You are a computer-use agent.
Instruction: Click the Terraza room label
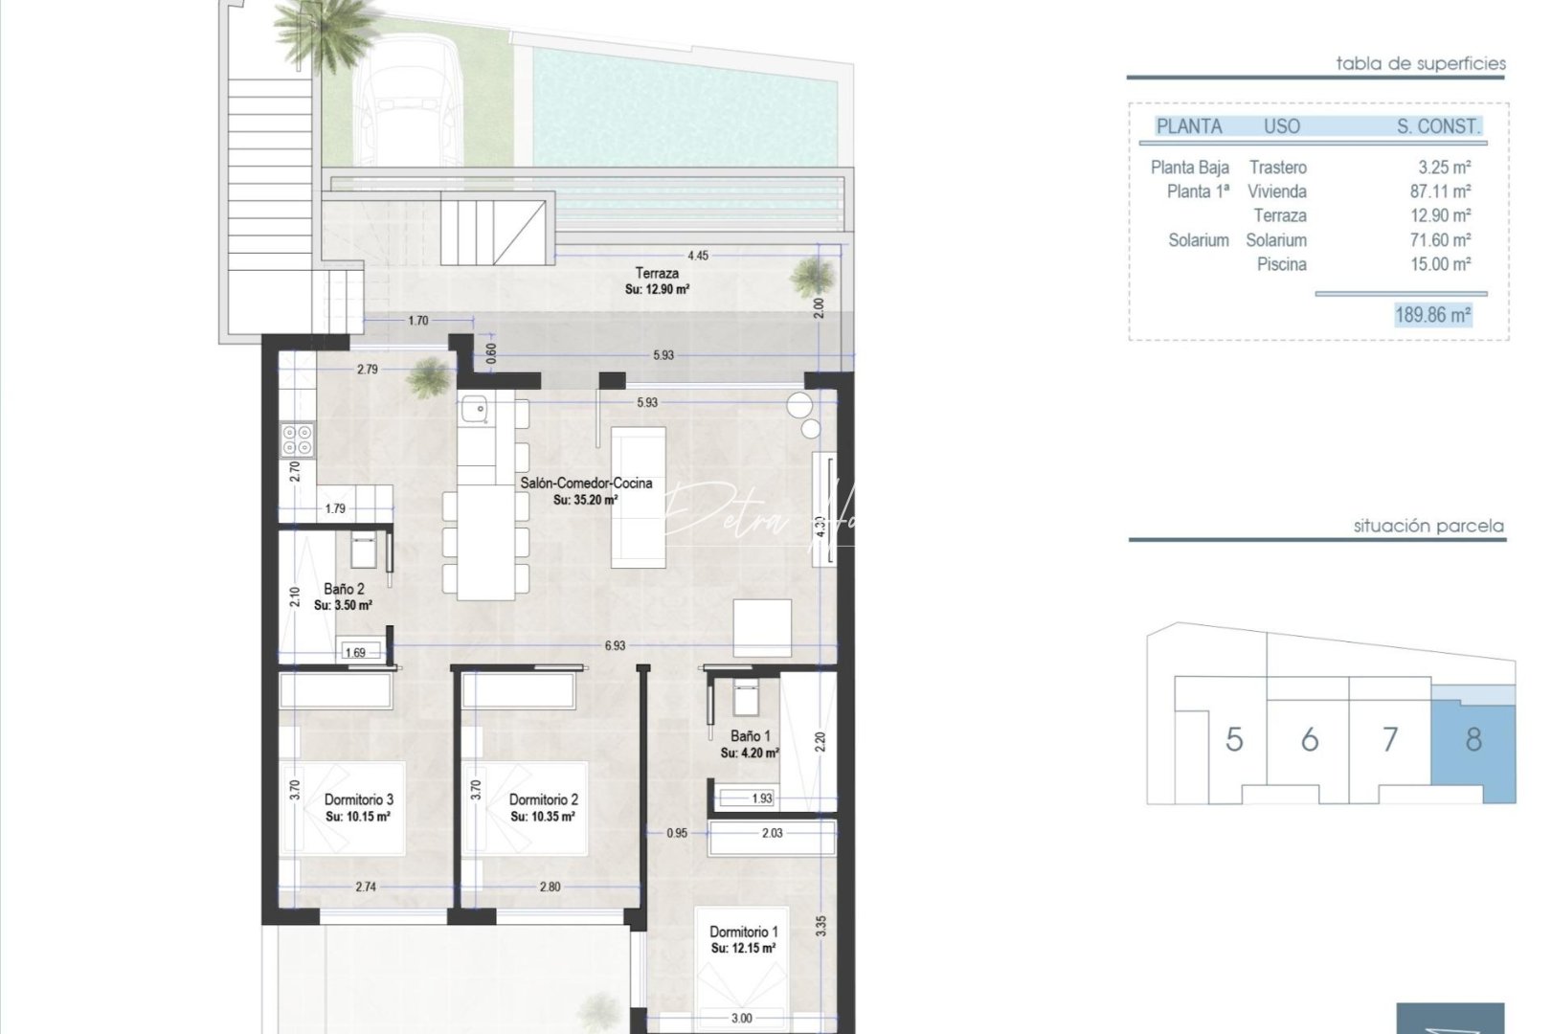coord(657,274)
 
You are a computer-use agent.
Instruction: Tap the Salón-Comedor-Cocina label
coord(586,483)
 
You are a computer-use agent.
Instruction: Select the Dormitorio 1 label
coord(743,932)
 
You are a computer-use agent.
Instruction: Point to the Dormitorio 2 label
coord(543,799)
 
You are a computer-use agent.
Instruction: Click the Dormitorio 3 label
coord(358,799)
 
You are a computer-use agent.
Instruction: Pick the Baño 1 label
coord(750,736)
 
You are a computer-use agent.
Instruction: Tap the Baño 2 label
coord(344,590)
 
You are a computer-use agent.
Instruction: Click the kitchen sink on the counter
coord(474,411)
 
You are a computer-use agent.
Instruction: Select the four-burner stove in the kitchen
coord(297,439)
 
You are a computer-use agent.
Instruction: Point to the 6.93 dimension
coord(615,646)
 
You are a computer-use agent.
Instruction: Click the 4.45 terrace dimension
coord(698,256)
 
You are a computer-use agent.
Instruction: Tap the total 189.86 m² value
coord(1432,315)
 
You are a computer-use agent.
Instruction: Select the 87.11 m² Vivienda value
coord(1440,191)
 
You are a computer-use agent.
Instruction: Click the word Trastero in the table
coord(1277,168)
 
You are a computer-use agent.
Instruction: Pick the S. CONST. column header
coord(1438,126)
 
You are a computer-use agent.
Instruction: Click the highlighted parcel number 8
coord(1473,739)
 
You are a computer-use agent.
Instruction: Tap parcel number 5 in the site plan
coord(1234,739)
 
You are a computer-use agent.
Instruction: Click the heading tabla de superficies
coord(1421,64)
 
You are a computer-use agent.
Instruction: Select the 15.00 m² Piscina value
coord(1440,264)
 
